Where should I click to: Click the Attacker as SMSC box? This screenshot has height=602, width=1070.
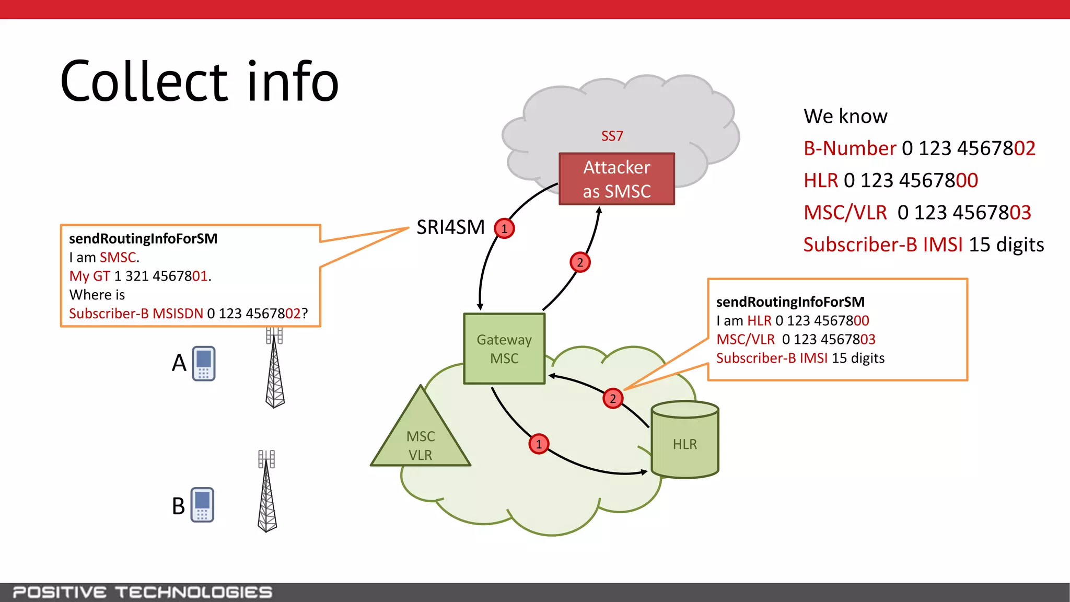click(617, 179)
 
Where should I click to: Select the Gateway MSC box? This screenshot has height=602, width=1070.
click(504, 349)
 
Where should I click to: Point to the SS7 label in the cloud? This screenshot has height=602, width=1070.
click(612, 136)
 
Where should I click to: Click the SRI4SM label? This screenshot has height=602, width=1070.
click(450, 227)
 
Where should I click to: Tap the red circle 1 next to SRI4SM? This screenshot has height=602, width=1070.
click(504, 228)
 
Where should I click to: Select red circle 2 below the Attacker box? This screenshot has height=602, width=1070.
click(580, 262)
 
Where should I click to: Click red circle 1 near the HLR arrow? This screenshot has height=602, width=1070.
click(539, 444)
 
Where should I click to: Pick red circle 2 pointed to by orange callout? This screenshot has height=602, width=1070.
click(613, 399)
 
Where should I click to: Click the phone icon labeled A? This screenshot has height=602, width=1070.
click(203, 363)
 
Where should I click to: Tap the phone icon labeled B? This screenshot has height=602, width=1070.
click(202, 505)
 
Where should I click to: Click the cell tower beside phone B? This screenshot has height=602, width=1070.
click(267, 491)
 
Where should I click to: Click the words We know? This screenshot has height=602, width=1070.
click(845, 116)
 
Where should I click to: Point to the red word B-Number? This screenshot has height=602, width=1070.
click(850, 148)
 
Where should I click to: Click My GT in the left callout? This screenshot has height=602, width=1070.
click(89, 276)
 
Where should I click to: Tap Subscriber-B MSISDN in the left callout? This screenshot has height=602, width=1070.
click(136, 314)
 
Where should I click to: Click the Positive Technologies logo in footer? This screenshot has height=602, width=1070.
click(142, 592)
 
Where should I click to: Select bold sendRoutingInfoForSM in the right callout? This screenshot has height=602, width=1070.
click(790, 302)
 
